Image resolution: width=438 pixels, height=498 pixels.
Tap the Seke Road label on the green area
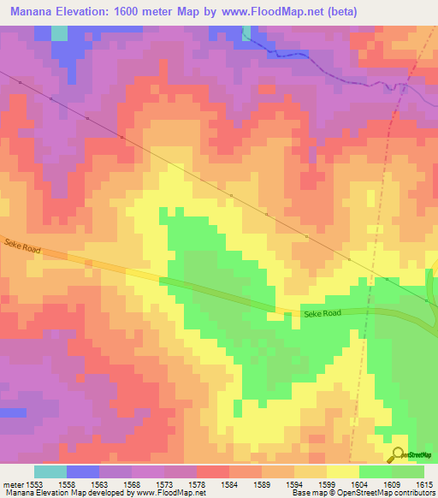click(323, 313)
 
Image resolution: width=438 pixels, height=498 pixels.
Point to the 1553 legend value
click(34, 483)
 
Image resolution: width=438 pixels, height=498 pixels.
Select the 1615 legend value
click(424, 483)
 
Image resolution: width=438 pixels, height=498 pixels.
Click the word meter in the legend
click(12, 483)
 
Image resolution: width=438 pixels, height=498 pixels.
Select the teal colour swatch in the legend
click(50, 471)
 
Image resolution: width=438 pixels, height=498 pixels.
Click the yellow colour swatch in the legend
click(343, 471)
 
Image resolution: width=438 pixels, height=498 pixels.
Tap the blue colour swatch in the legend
click(83, 471)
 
